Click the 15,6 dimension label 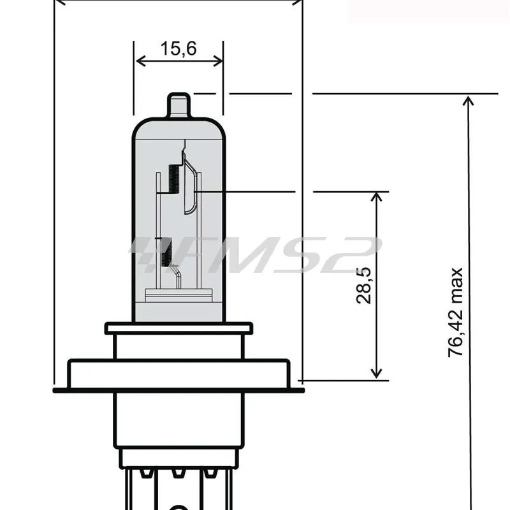click(178, 48)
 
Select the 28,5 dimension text click(365, 285)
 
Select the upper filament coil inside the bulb click(171, 178)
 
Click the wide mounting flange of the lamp click(178, 374)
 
